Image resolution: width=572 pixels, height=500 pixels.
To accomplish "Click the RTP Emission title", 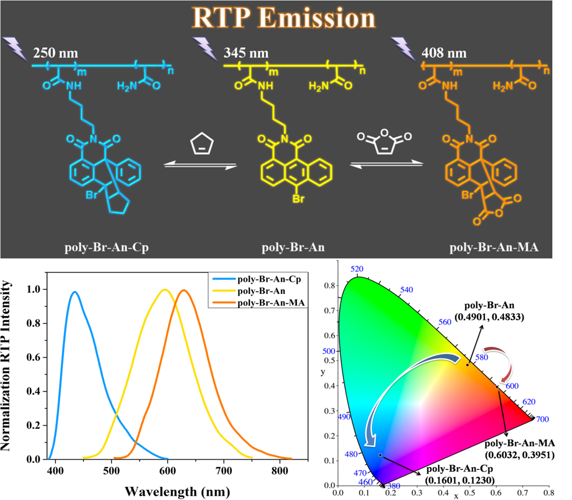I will (284, 18).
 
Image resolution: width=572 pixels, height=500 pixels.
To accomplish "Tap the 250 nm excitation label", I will (55, 53).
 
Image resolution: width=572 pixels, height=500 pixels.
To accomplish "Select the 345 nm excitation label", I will (246, 53).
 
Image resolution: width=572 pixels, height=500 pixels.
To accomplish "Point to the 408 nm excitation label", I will (444, 53).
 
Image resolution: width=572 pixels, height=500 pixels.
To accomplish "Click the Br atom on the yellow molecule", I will (298, 199).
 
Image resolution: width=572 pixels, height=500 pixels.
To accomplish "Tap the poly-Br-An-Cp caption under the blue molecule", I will (107, 247).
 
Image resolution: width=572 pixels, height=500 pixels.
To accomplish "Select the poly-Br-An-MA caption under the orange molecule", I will (494, 247).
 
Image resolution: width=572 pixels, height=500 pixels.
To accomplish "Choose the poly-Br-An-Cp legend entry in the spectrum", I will (269, 279).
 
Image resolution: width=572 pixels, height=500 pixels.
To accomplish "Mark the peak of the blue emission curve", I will (74, 292).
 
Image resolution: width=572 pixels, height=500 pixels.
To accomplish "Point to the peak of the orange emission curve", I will (184, 290).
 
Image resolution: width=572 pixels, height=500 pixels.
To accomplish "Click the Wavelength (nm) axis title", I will (177, 492).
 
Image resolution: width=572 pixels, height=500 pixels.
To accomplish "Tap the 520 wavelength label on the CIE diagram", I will (357, 269).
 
